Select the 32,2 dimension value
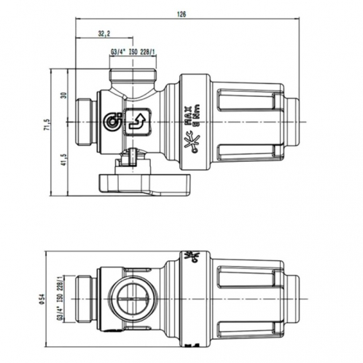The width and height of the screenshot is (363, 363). point(103,34)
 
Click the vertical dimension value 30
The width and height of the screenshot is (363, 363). point(64,95)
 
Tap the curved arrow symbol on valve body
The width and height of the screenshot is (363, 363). point(136,120)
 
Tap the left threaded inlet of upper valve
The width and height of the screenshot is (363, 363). point(87,120)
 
